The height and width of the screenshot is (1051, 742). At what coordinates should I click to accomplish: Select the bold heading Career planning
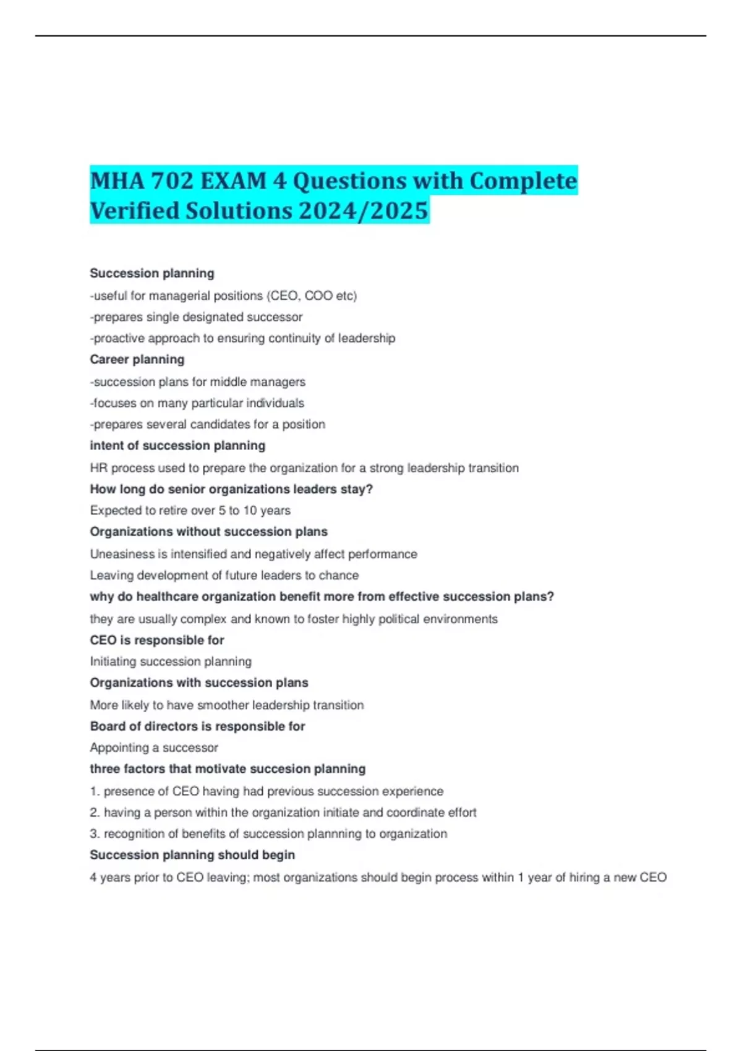pyautogui.click(x=137, y=360)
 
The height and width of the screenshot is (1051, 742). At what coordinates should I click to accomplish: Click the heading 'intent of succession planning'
pyautogui.click(x=177, y=446)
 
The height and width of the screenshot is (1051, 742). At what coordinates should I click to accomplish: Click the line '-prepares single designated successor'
pyautogui.click(x=196, y=317)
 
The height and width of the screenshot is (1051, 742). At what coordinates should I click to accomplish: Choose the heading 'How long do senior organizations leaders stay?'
pyautogui.click(x=231, y=489)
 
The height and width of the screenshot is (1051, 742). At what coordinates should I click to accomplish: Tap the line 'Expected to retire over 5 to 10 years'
pyautogui.click(x=190, y=511)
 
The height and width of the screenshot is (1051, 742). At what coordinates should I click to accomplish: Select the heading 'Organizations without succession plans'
pyautogui.click(x=208, y=532)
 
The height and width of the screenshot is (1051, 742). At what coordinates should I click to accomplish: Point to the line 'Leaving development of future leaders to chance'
pyautogui.click(x=224, y=576)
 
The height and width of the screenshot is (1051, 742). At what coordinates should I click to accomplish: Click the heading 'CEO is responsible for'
pyautogui.click(x=157, y=640)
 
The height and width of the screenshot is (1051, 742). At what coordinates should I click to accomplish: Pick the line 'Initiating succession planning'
pyautogui.click(x=171, y=662)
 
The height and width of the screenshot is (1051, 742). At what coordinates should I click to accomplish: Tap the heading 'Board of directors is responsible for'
pyautogui.click(x=197, y=726)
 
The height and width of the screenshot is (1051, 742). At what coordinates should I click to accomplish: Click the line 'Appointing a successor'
pyautogui.click(x=154, y=748)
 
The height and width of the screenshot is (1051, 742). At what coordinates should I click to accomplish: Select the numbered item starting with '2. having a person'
pyautogui.click(x=283, y=812)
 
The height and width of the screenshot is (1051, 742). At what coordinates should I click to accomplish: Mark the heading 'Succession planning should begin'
pyautogui.click(x=192, y=855)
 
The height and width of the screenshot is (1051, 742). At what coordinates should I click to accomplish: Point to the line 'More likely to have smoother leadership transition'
pyautogui.click(x=227, y=705)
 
